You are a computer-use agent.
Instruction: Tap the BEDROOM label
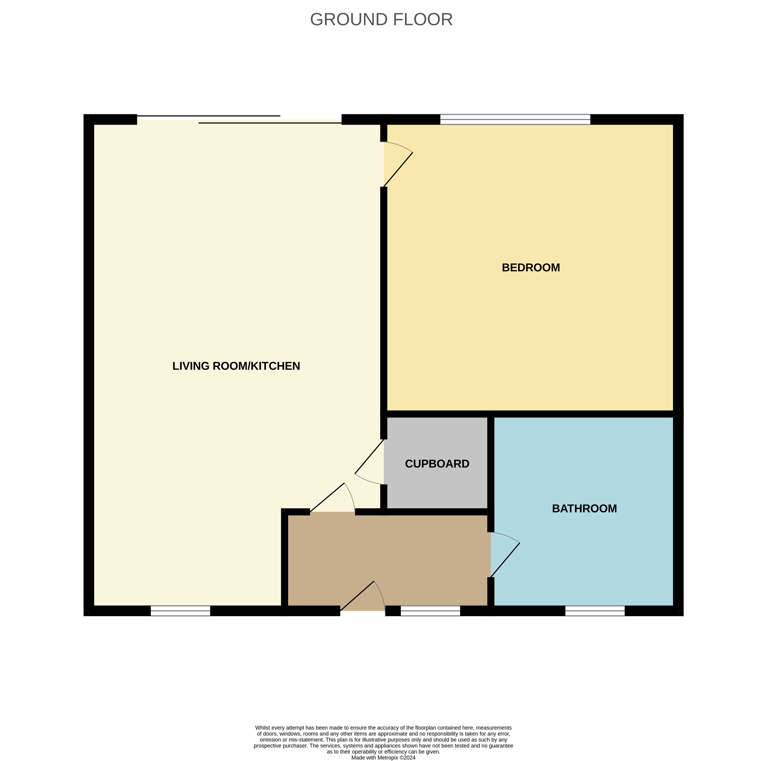click(531, 267)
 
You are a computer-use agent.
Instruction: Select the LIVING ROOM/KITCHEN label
click(236, 366)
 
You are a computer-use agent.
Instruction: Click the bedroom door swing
click(398, 164)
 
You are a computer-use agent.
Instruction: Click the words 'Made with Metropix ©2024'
click(384, 757)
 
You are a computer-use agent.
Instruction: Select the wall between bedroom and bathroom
click(584, 414)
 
